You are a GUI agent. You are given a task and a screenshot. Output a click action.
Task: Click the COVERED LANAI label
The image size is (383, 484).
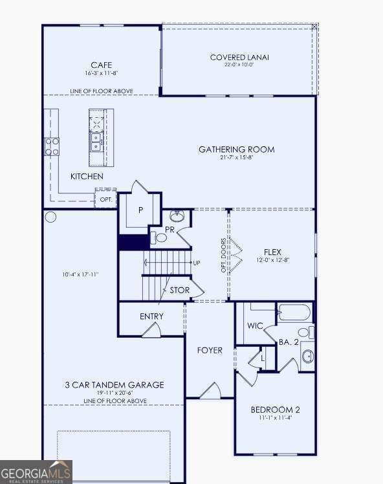pyautogui.click(x=239, y=58)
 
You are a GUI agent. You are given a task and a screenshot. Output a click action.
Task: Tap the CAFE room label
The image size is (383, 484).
pyautogui.click(x=101, y=65)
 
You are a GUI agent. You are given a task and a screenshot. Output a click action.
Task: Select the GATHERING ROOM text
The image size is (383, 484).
pyautogui.click(x=236, y=149)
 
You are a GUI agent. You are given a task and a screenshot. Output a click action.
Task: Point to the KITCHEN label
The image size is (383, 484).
pyautogui.click(x=87, y=177)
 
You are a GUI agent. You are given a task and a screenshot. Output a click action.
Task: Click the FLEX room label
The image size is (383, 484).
pyautogui.click(x=272, y=252)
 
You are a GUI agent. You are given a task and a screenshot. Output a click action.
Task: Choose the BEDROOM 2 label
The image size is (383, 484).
pyautogui.click(x=275, y=410)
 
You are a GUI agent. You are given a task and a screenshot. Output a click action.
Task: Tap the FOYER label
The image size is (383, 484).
pyautogui.click(x=209, y=350)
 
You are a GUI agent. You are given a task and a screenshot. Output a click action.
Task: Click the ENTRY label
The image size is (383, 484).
pyautogui.click(x=151, y=316)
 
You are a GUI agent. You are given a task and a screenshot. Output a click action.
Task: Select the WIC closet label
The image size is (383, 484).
pyautogui.click(x=255, y=325)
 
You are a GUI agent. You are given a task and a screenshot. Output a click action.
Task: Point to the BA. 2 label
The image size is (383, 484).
pyautogui.click(x=289, y=342)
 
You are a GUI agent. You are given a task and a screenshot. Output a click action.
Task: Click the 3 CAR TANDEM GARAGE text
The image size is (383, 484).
pyautogui.click(x=114, y=385)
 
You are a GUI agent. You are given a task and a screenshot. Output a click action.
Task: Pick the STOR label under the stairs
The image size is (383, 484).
pyautogui.click(x=180, y=291)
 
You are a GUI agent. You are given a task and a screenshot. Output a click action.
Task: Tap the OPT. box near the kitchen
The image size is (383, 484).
pyautogui.click(x=106, y=199)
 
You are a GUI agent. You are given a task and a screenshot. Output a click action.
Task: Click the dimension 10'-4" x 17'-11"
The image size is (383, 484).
pyautogui.click(x=80, y=274)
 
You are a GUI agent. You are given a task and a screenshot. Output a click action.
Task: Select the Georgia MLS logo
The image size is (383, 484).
pyautogui.click(x=36, y=472)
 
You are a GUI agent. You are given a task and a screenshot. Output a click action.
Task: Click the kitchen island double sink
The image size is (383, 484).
pyautogui.click(x=96, y=141)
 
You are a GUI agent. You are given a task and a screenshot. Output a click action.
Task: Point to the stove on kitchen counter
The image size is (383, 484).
pyautogui.click(x=52, y=146)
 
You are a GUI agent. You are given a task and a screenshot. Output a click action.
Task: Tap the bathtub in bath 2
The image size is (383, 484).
pyautogui.click(x=295, y=314)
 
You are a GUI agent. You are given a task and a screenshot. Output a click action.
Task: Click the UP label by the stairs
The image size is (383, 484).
pyautogui.click(x=196, y=263)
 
